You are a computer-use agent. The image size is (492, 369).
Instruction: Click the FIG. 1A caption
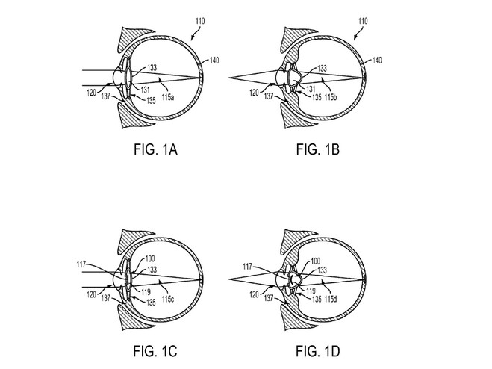point(155,149)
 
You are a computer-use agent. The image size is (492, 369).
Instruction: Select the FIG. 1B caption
point(318,149)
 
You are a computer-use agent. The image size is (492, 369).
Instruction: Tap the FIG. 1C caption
point(155,351)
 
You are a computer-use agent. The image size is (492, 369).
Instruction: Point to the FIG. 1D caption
point(318,351)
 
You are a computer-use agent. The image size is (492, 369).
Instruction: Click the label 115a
point(168,97)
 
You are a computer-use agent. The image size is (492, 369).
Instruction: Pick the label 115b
point(331,97)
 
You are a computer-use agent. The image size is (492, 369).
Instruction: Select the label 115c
point(168,299)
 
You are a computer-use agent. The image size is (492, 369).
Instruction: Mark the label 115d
point(331,299)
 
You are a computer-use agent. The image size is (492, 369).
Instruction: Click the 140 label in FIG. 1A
point(214,60)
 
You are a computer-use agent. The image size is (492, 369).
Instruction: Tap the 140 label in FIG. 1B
point(377,60)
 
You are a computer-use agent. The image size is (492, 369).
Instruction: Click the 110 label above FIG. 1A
point(200,21)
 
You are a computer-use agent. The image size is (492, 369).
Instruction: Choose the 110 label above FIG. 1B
point(363,21)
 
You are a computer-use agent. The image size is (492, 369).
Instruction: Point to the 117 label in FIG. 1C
point(81,264)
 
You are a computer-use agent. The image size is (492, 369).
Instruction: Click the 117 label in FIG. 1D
point(248,267)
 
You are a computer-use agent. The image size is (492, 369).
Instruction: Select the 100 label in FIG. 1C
point(150,259)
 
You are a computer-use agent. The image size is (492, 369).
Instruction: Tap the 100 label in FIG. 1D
point(315,261)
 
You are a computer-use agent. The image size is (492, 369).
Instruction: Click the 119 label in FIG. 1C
point(146,292)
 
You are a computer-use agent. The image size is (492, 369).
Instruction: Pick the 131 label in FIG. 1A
point(145,90)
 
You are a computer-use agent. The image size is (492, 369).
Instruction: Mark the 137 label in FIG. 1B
point(269,96)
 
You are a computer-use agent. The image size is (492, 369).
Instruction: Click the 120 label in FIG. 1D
point(254,294)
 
